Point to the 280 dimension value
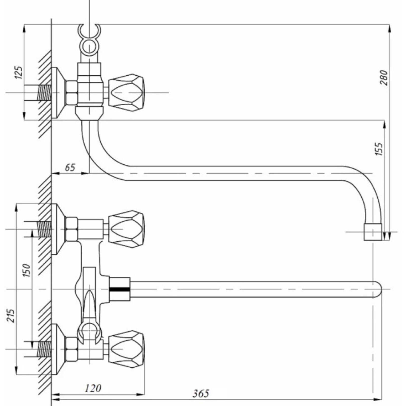[384, 78]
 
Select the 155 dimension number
[378, 149]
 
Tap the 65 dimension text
[70, 167]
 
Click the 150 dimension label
[26, 270]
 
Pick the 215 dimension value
[11, 315]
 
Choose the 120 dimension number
[93, 388]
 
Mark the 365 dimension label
[201, 394]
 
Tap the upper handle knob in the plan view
[126, 229]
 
